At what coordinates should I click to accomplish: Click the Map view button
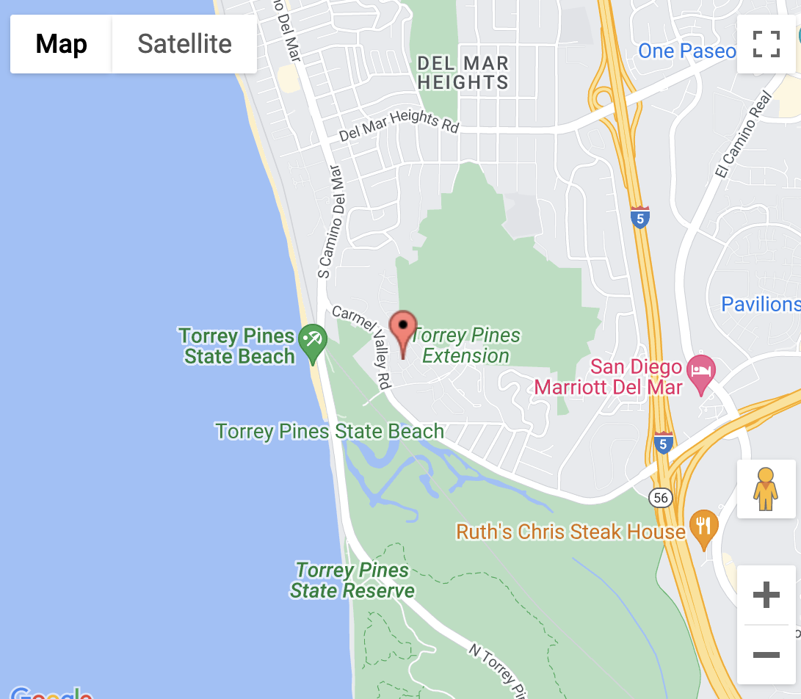point(61,44)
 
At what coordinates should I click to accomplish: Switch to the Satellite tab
point(184,44)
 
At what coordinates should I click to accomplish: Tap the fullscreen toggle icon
point(766,44)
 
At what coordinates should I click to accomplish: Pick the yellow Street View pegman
point(766,489)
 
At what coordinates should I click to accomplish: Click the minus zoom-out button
point(766,654)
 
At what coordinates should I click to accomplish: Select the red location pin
point(402,333)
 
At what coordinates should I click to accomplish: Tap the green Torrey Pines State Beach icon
point(313,344)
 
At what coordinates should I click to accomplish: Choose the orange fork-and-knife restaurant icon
point(704,529)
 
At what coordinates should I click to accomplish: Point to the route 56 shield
point(661,498)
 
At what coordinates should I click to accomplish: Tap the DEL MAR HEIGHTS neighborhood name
point(463,73)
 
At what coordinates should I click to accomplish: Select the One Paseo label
point(687,51)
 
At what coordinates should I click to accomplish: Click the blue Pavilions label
point(760,304)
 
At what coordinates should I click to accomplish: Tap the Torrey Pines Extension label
point(467,346)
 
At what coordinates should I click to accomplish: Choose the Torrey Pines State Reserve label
point(352,580)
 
